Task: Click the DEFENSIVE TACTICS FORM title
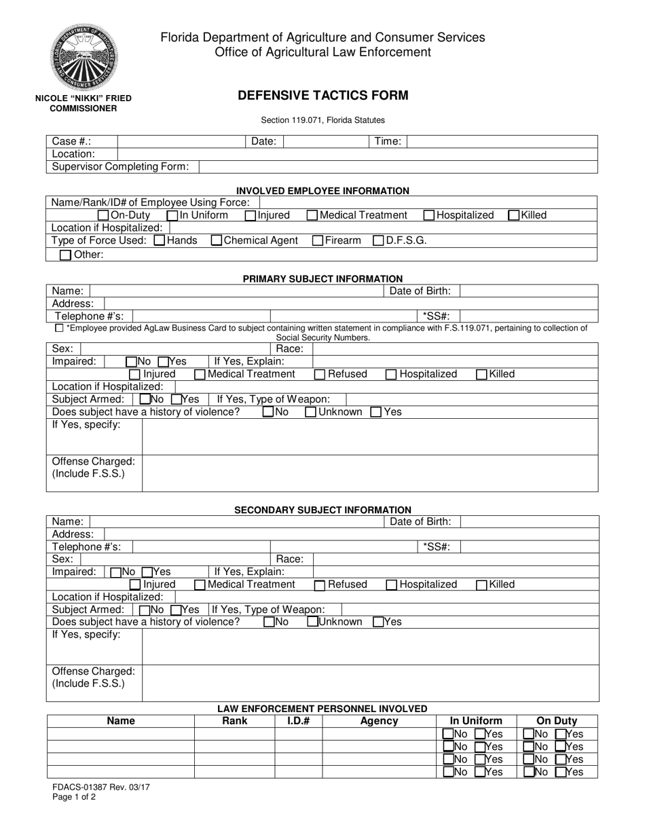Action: pos(322,96)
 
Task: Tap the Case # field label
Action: pos(71,141)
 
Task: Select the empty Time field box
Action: pos(502,141)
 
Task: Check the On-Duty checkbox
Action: pos(104,215)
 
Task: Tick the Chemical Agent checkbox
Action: pos(217,240)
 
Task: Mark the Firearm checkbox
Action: pos(318,240)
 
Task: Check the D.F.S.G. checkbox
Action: pos(379,240)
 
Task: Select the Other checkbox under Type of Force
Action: pos(65,255)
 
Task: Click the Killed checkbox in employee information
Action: pos(514,215)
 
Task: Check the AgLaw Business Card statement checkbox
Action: pos(59,329)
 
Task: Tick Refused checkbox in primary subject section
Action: pos(320,374)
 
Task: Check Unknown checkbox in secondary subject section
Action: pos(313,622)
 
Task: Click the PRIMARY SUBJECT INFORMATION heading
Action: pos(322,278)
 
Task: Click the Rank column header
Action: pos(235,721)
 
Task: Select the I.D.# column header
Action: pos(298,721)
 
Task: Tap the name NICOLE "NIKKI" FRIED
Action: pos(84,98)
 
